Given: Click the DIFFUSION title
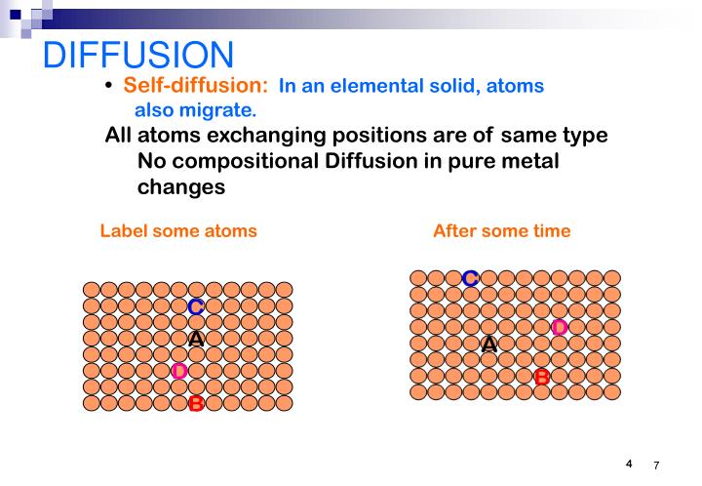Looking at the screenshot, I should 138,56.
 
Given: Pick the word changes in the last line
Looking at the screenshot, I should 181,186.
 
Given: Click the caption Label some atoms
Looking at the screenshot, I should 178,231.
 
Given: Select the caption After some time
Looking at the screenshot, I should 501,231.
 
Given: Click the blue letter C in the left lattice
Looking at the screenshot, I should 195,307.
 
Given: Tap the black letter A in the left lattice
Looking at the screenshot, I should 195,339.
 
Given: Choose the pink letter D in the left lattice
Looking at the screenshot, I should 178,371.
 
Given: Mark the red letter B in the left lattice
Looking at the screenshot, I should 195,403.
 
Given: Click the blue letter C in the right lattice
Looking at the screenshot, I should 470,279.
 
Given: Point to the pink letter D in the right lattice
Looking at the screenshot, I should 560,327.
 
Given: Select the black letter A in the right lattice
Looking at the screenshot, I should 488,344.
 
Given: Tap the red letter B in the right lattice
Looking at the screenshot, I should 542,376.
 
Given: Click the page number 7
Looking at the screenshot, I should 656,466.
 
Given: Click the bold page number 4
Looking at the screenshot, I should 629,463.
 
